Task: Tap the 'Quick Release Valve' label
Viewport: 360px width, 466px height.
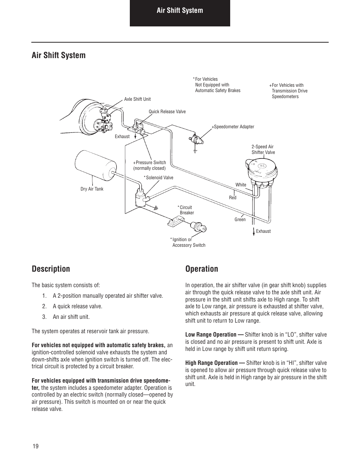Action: coord(167,112)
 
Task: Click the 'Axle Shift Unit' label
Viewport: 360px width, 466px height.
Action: coord(137,99)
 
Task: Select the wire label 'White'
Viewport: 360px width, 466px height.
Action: coord(241,185)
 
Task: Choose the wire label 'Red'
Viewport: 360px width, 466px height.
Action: coord(232,198)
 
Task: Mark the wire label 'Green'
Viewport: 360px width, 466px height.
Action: coord(240,220)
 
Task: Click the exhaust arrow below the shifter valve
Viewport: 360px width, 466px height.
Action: coord(254,231)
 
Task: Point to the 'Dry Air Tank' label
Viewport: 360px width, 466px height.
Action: coord(92,189)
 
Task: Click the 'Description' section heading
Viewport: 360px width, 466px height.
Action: coord(51,269)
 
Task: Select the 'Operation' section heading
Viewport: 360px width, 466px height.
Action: coord(202,269)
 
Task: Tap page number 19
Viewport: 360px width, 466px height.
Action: coord(35,446)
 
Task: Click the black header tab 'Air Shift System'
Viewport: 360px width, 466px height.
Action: coord(180,11)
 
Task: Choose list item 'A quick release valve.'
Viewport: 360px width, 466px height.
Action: coord(77,306)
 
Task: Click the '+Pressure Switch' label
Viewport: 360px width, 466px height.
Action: coord(149,163)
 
